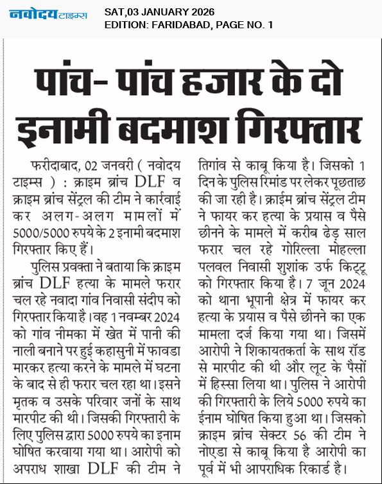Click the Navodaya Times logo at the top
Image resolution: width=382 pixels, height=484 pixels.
click(48, 13)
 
